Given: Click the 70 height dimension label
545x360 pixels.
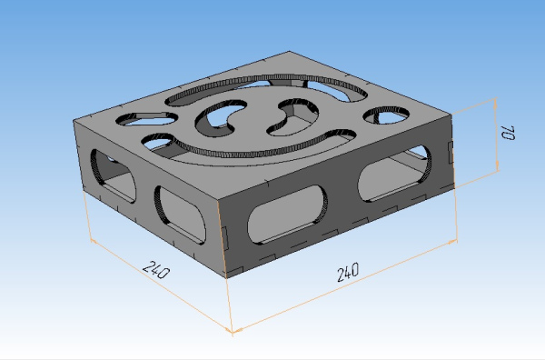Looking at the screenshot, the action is pos(508,133).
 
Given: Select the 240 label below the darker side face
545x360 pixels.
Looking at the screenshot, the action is pos(348,272).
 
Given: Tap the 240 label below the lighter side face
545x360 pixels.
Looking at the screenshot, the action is pos(156,270).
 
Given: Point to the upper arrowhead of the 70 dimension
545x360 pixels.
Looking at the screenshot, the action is pos(496,104).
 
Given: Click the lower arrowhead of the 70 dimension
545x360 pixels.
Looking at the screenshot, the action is pos(498,166).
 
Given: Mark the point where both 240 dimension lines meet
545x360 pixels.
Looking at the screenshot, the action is pos(233,330).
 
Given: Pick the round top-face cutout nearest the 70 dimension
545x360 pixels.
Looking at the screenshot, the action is pos(386,115).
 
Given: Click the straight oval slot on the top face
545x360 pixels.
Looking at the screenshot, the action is pos(146,118).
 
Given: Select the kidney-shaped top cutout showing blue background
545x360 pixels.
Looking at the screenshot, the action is pos(222,117).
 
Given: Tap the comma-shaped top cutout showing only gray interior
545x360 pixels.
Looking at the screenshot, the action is pos(292,117).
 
